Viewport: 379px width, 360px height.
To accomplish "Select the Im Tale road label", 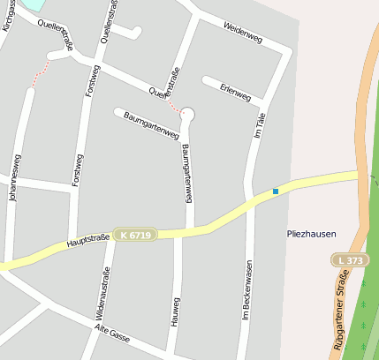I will tap(259, 129).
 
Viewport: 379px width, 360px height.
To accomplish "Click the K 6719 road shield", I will tap(135, 235).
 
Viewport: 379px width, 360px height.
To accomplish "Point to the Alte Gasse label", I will tap(111, 333).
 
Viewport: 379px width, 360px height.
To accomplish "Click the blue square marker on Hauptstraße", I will tap(276, 191).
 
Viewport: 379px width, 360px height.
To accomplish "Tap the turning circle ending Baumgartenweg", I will tap(187, 113).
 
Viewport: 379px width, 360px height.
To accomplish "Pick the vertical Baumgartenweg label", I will tap(187, 169).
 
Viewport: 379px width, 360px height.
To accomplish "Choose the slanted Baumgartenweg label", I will tap(151, 125).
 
